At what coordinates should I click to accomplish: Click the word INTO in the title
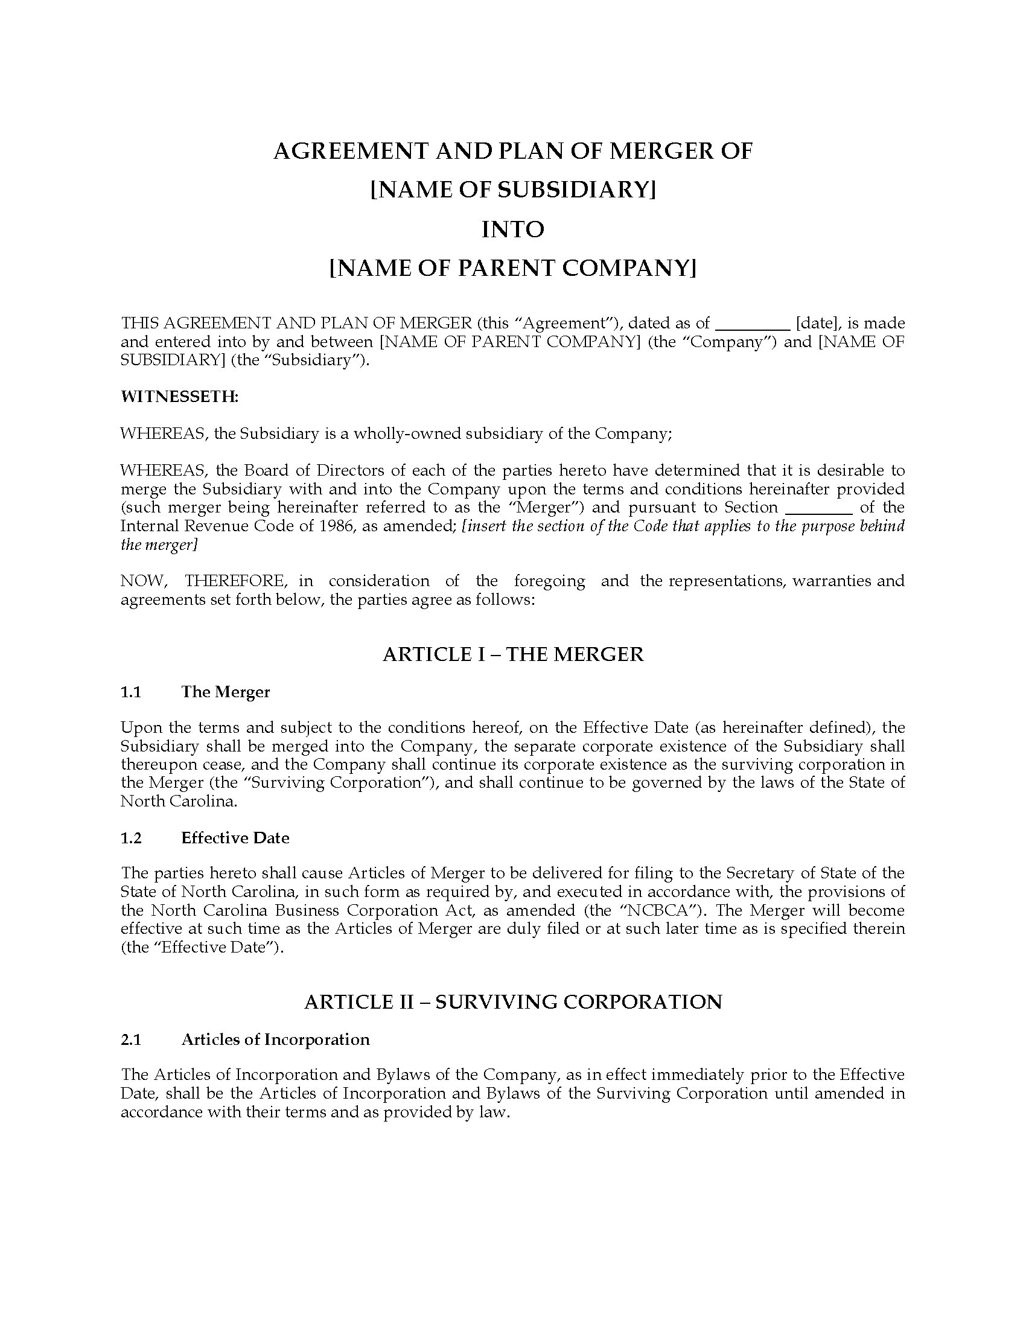[512, 229]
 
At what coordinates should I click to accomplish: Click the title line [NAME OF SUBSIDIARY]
[512, 190]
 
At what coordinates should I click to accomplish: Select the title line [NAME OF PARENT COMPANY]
[512, 268]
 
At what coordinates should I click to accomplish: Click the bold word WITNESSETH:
[180, 397]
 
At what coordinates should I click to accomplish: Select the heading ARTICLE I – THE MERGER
[512, 654]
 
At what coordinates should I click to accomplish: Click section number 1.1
[132, 692]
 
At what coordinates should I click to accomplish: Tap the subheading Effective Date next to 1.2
[235, 838]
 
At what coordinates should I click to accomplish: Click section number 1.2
[132, 838]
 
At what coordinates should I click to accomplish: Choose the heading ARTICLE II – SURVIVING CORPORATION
[512, 1002]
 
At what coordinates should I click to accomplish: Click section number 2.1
[132, 1040]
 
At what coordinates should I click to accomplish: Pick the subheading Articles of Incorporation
[275, 1040]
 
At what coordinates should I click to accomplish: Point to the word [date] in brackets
[817, 324]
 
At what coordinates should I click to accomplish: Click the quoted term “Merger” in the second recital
[542, 508]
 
